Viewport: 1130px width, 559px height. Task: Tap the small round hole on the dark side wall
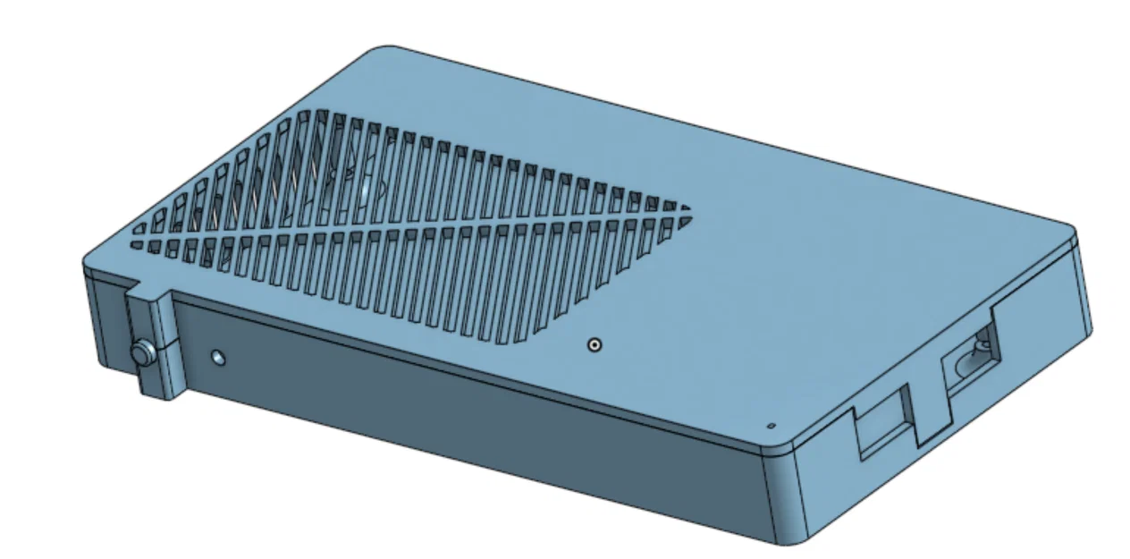pos(218,359)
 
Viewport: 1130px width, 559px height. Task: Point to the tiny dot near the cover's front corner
pos(771,427)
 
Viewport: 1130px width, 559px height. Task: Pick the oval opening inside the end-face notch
pos(974,358)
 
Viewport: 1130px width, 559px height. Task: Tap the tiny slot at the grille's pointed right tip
pos(686,209)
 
